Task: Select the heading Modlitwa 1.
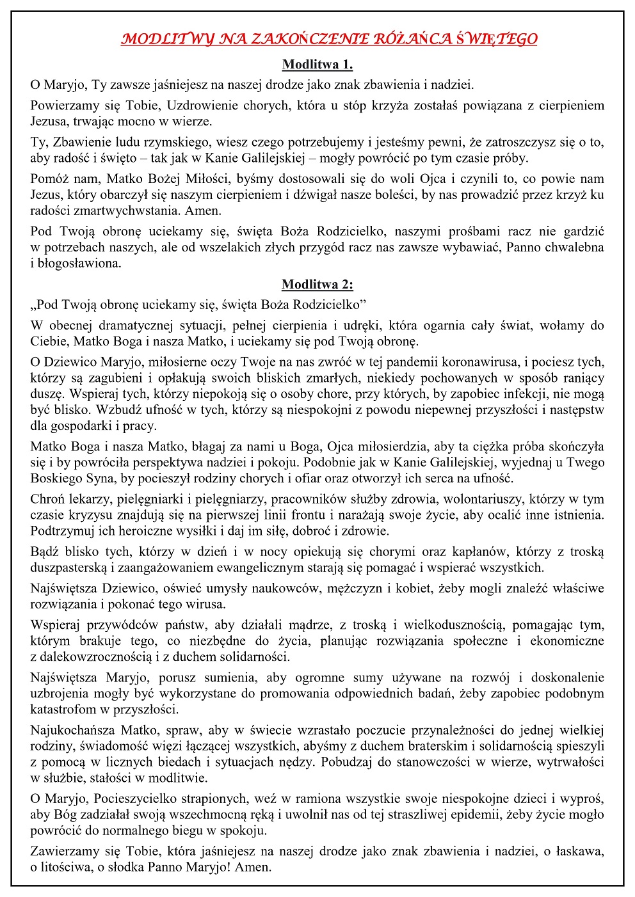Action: click(x=317, y=64)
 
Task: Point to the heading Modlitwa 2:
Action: click(x=317, y=284)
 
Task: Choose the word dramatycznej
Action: click(x=130, y=325)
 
